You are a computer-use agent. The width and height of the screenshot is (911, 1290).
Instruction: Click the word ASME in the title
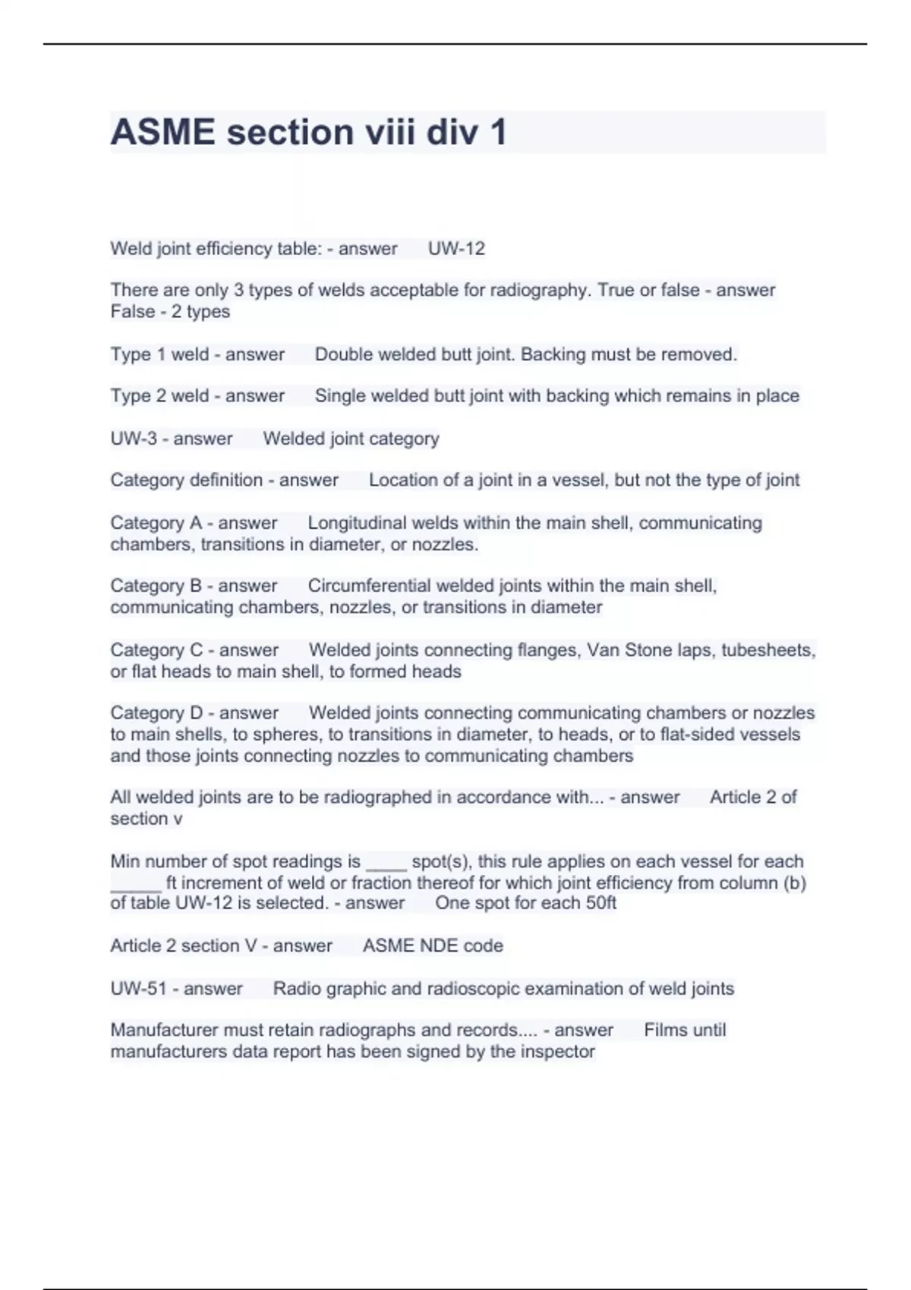click(162, 132)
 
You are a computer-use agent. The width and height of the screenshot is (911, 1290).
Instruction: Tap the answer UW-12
click(456, 249)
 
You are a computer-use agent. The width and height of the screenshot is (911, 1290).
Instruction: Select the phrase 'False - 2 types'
click(170, 312)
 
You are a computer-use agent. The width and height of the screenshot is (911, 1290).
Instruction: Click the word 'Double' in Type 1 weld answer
click(343, 354)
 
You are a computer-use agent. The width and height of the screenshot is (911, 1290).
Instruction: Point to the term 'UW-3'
click(134, 439)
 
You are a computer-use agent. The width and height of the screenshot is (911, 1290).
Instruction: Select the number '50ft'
click(601, 903)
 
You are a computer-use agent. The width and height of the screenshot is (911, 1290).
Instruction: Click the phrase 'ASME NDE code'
click(433, 945)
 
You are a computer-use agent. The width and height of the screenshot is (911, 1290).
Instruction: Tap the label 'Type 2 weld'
click(159, 396)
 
